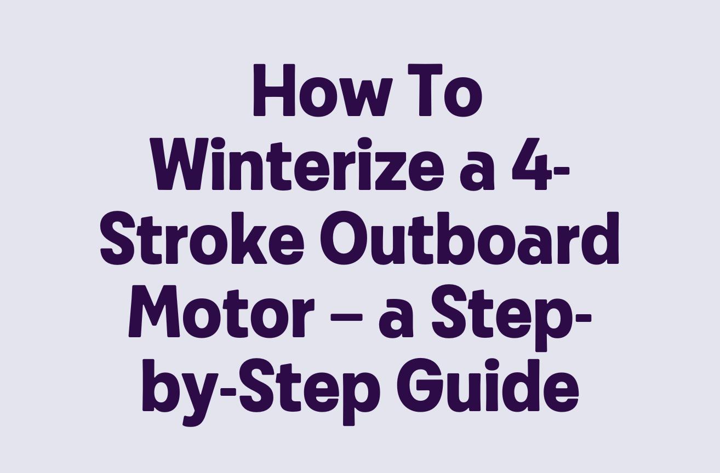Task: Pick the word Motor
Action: (221, 312)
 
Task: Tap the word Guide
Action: (487, 386)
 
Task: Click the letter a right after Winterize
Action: (473, 171)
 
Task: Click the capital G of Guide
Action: (420, 386)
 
